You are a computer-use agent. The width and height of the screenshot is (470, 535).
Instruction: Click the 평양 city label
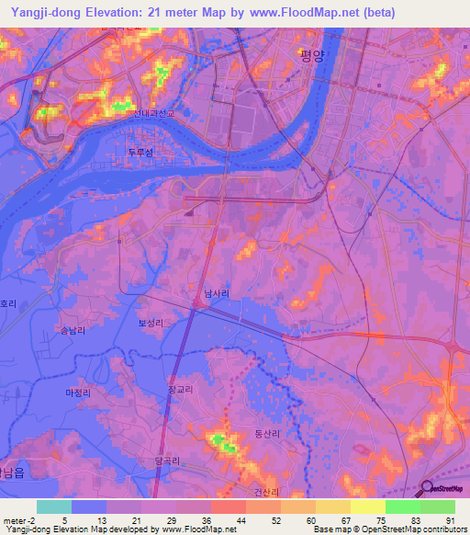pos(312,54)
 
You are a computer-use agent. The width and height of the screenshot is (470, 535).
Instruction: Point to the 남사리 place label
pos(217,294)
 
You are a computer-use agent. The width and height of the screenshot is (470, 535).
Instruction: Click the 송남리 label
pos(71,329)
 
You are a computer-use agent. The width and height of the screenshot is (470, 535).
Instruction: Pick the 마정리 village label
pos(78,393)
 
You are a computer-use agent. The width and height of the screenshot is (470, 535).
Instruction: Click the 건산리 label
pos(266,491)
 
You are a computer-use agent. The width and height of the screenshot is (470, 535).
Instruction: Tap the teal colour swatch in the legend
pos(53,507)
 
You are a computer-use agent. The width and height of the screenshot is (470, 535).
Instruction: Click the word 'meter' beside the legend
pos(16,519)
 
